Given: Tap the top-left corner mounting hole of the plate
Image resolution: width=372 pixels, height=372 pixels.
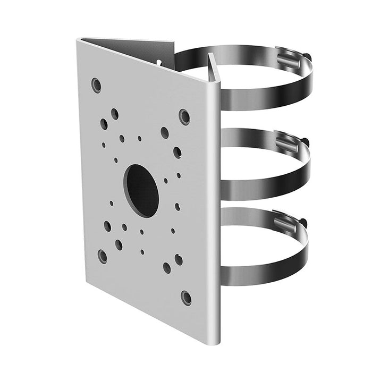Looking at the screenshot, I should [96, 84].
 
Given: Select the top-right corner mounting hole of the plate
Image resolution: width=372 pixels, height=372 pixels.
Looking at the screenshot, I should [184, 116].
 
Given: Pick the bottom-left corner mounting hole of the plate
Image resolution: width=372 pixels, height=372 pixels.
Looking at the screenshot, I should [103, 256].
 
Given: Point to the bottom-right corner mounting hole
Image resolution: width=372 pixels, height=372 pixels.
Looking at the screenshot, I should [185, 297].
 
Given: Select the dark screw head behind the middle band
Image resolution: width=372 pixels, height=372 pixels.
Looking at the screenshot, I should [305, 140].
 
